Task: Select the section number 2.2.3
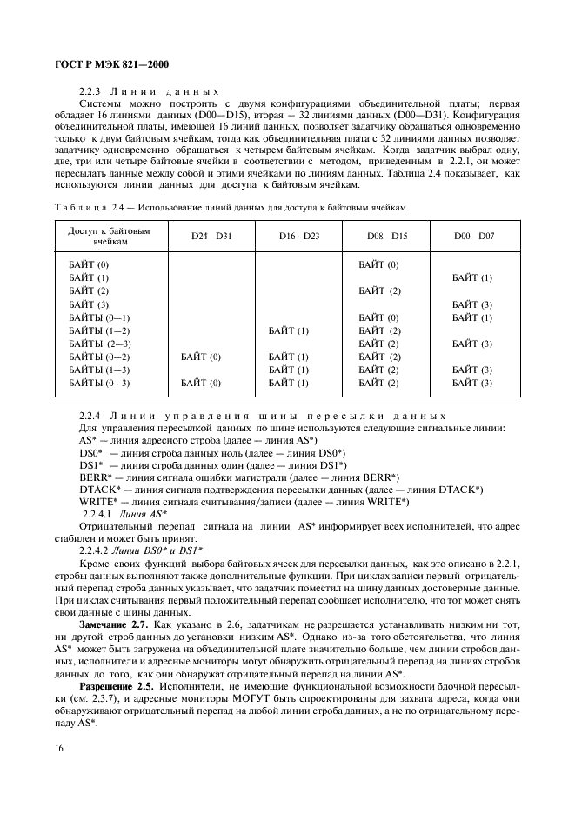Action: (91, 91)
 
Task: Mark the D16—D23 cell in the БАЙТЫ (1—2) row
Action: (289, 331)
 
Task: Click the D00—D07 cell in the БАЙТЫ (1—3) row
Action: (472, 370)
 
